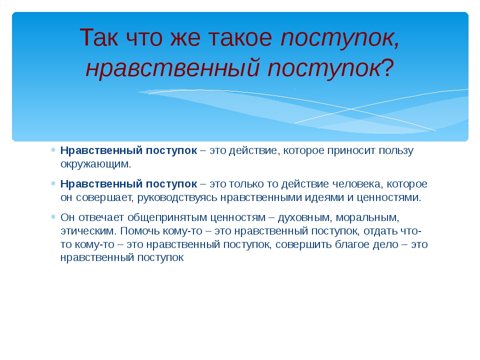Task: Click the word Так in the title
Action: tap(99, 37)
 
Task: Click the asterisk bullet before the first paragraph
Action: tap(53, 150)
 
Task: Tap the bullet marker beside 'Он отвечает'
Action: tap(53, 217)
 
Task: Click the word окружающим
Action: tap(96, 164)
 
